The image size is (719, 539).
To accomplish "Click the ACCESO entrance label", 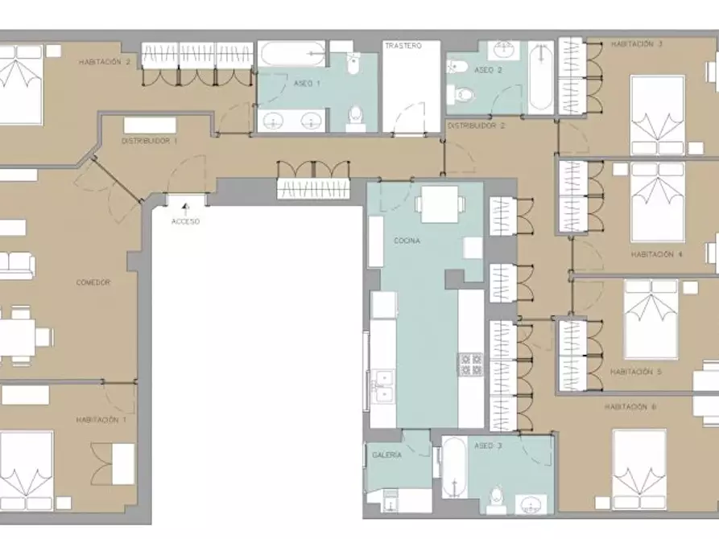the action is (x=186, y=222).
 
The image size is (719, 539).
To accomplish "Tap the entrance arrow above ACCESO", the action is (x=186, y=208).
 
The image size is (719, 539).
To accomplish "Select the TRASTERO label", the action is (x=403, y=46).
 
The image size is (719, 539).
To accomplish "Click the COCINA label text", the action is (x=407, y=241).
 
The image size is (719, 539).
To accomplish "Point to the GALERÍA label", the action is (x=387, y=455).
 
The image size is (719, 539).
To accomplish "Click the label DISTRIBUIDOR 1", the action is (x=149, y=141).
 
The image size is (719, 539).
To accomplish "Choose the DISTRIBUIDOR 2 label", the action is (x=476, y=125).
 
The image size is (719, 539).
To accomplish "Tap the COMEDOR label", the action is (x=93, y=283).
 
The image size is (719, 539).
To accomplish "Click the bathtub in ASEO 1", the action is (x=291, y=54).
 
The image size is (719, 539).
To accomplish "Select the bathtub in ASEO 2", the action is (x=541, y=77).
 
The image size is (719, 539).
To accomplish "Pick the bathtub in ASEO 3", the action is (x=454, y=467).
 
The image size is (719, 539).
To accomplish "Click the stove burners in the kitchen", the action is (x=471, y=365).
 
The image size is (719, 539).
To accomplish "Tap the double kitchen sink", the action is (x=382, y=386).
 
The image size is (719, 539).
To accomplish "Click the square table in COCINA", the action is (x=440, y=204).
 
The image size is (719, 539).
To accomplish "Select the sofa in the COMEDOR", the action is (x=17, y=265).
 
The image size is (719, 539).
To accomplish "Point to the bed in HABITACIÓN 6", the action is (x=639, y=469).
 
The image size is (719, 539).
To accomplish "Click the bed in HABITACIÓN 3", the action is (x=658, y=115).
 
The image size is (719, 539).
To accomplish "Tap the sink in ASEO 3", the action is (x=531, y=504).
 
